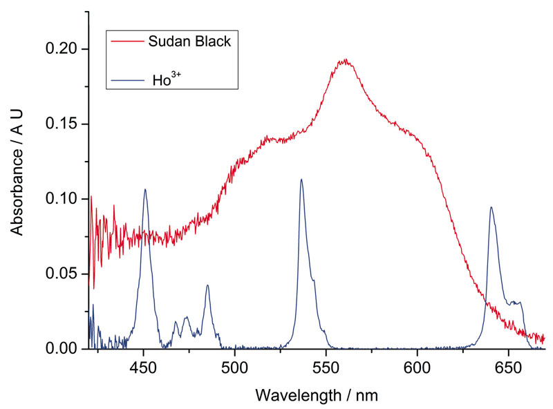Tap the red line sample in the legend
[127, 41]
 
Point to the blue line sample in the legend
[127, 80]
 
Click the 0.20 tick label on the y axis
[62, 50]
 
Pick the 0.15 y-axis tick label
[62, 124]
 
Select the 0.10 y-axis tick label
[62, 199]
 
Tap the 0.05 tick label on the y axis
[62, 274]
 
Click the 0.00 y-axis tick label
[62, 349]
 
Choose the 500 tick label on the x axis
[234, 366]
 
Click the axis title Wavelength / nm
[317, 395]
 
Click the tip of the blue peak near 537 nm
[301, 180]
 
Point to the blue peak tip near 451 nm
[145, 189]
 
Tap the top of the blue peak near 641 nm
[491, 207]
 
